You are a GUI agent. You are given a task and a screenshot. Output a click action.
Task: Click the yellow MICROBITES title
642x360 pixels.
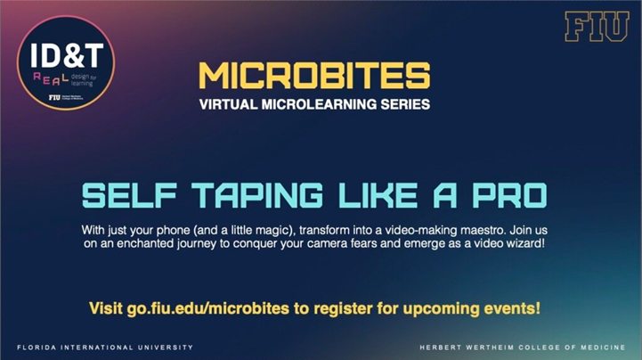[321, 76]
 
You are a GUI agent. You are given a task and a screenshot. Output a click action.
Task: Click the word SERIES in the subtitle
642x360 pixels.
[408, 104]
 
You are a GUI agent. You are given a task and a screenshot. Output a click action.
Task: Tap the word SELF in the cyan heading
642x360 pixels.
[122, 193]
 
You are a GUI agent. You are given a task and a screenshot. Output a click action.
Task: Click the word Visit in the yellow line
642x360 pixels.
[107, 309]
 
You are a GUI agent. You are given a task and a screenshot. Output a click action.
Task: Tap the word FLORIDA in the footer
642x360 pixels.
[37, 346]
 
